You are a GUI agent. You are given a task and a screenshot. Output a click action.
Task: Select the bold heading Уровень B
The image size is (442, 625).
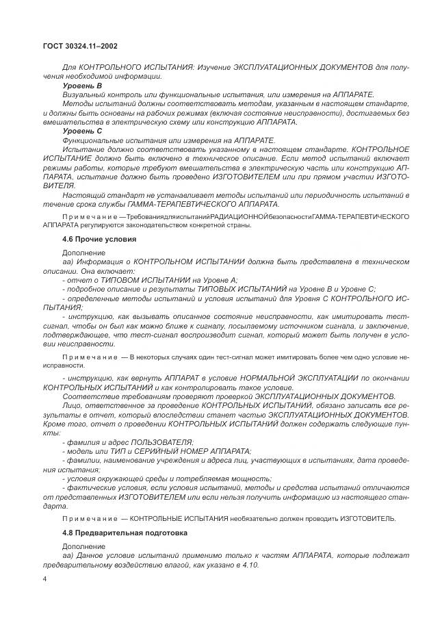tap(81, 85)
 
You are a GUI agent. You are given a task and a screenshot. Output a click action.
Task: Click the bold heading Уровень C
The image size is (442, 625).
tap(81, 130)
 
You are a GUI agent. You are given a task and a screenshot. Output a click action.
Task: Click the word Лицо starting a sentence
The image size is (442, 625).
tap(72, 405)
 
